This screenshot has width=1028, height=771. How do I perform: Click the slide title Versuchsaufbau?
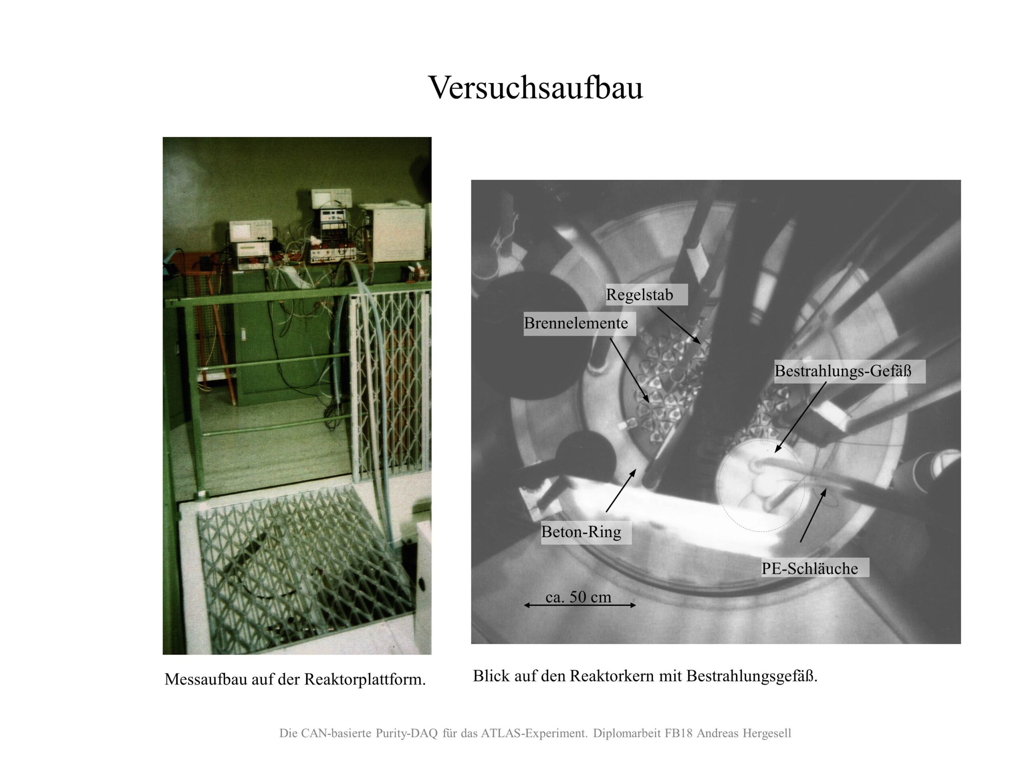[x=535, y=88]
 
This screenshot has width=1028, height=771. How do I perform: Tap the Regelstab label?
[x=639, y=295]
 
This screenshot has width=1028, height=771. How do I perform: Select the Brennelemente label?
[x=576, y=323]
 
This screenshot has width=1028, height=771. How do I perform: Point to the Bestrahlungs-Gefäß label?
[x=842, y=371]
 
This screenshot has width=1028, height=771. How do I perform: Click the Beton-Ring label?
[x=581, y=532]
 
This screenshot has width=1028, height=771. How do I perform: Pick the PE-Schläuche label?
[x=810, y=568]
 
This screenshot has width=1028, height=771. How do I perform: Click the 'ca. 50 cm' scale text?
[x=578, y=597]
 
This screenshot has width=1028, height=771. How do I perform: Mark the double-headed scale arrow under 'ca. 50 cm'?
[x=579, y=605]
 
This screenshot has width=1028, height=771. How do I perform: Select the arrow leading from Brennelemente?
[x=629, y=370]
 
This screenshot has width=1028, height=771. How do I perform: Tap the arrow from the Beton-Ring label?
[x=621, y=490]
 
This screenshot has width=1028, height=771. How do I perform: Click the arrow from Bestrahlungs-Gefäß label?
[x=800, y=417]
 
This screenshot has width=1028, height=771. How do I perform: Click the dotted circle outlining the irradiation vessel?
[x=718, y=485]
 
